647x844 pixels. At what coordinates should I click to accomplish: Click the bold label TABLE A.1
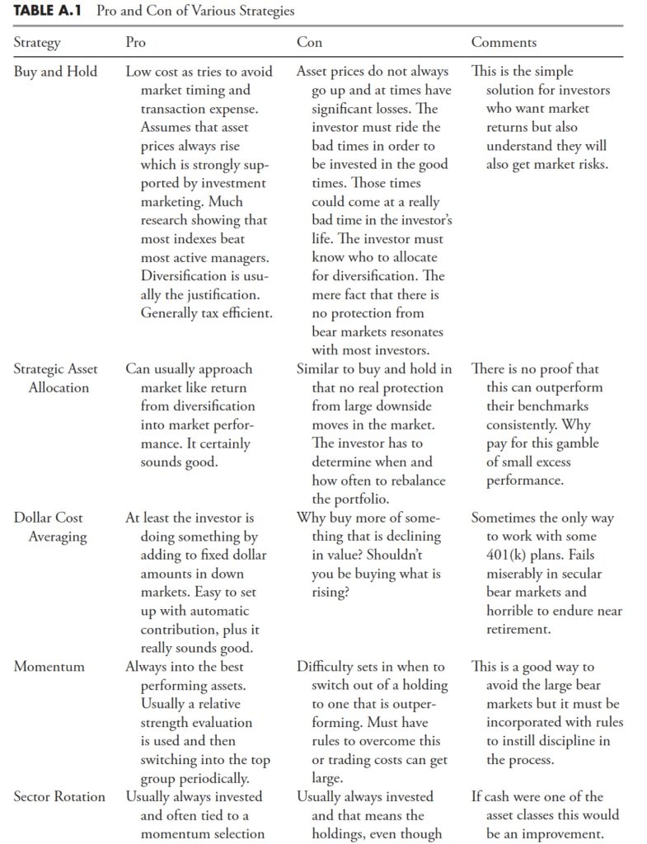(x=49, y=12)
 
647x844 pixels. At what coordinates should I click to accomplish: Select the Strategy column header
(x=37, y=42)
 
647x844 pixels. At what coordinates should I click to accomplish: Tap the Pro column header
(x=136, y=42)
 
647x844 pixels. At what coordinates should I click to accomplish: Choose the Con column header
(x=310, y=42)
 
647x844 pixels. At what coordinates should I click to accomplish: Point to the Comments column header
(x=504, y=42)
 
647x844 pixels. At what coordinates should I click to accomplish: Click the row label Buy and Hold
(x=55, y=72)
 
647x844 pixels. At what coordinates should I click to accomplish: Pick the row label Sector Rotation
(x=59, y=797)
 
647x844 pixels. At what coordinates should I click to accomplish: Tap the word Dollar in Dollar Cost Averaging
(x=34, y=518)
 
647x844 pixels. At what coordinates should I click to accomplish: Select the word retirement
(x=519, y=630)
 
